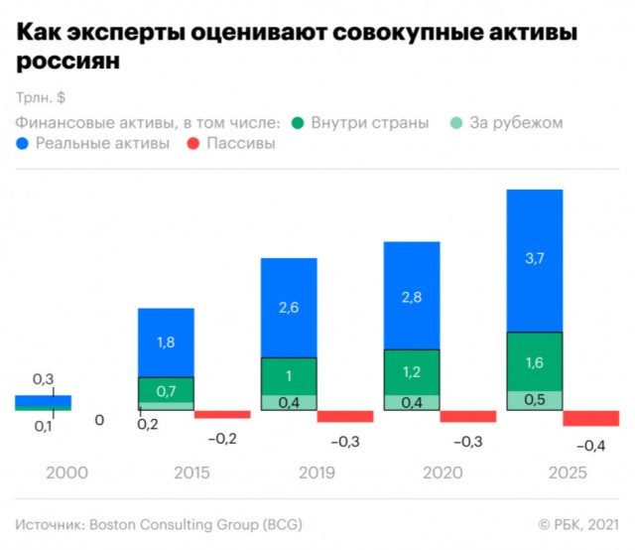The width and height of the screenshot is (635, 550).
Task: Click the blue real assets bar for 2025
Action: click(535, 259)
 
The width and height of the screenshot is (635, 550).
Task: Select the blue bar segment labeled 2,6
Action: click(289, 308)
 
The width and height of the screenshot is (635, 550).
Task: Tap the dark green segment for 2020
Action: click(412, 371)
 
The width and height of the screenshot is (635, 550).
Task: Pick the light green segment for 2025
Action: click(535, 400)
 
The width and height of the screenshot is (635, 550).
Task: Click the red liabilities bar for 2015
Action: click(222, 414)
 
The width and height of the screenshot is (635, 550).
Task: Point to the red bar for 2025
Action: click(590, 419)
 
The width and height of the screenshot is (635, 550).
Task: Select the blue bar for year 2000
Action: click(43, 401)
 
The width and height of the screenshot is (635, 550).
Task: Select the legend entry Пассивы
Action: click(239, 144)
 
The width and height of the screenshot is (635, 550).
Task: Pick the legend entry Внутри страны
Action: click(369, 123)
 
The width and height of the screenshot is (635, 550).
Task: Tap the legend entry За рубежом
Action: click(517, 123)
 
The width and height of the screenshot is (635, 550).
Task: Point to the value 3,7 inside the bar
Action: click(535, 259)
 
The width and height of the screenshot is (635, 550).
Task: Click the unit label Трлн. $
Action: click(40, 98)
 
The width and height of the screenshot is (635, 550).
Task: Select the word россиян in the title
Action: click(67, 62)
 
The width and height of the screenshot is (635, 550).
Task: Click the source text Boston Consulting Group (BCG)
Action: click(197, 523)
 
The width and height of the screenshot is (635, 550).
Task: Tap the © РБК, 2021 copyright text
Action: click(577, 523)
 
